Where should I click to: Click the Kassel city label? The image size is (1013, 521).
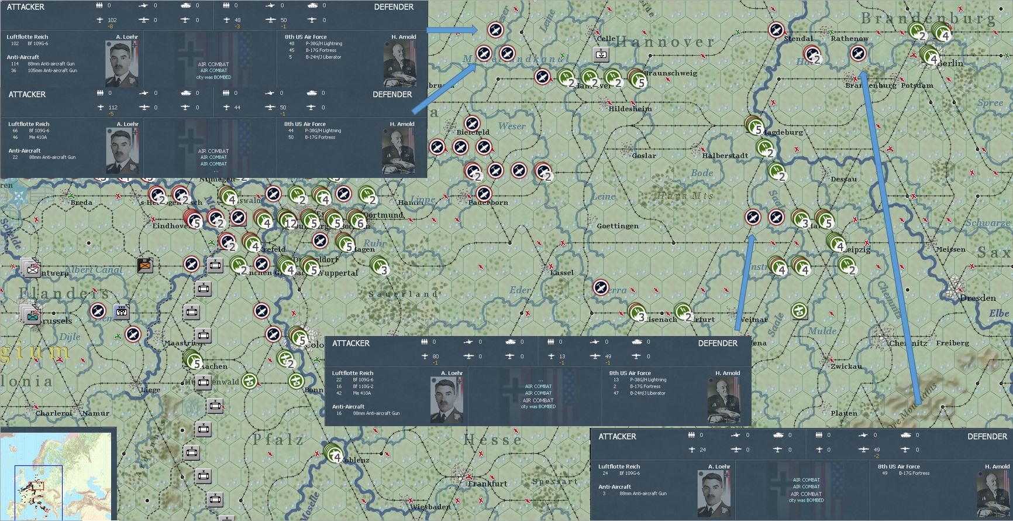pyautogui.click(x=561, y=273)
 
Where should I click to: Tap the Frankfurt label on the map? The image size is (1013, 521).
pyautogui.click(x=487, y=484)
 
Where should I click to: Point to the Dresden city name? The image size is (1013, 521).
pyautogui.click(x=977, y=298)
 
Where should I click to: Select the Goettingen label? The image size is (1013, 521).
pyautogui.click(x=617, y=226)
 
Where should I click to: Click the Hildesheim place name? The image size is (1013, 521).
pyautogui.click(x=630, y=109)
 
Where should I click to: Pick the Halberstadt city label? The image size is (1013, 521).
pyautogui.click(x=725, y=156)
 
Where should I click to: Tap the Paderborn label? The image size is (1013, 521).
pyautogui.click(x=488, y=203)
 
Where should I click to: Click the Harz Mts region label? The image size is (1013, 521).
pyautogui.click(x=685, y=196)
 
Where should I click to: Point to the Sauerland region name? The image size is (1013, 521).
pyautogui.click(x=403, y=294)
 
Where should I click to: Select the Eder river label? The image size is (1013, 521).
pyautogui.click(x=520, y=290)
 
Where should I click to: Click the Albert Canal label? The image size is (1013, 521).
pyautogui.click(x=94, y=270)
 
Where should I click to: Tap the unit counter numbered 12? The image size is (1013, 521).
pyautogui.click(x=290, y=223)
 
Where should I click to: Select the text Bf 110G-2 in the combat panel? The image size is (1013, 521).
pyautogui.click(x=363, y=386)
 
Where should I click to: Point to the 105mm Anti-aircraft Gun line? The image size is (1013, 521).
pyautogui.click(x=52, y=70)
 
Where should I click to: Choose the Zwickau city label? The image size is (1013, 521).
pyautogui.click(x=846, y=366)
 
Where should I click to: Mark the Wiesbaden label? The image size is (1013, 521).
pyautogui.click(x=430, y=507)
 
